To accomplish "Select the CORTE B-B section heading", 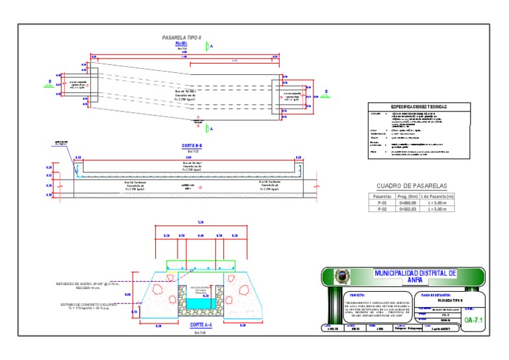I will click(x=191, y=145).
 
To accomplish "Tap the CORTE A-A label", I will click(x=201, y=326).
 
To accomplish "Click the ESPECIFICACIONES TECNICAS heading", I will click(x=418, y=106).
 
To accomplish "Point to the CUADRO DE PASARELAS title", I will click(x=412, y=186).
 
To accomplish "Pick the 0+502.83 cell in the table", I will click(x=407, y=209).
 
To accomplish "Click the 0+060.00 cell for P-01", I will click(x=407, y=203).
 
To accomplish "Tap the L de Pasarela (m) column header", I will click(x=437, y=197).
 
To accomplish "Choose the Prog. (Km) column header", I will click(x=407, y=197).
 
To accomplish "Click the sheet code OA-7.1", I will click(x=474, y=321).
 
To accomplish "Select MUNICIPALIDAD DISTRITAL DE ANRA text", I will click(x=416, y=276).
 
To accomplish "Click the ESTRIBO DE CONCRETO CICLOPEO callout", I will click(x=87, y=304).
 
